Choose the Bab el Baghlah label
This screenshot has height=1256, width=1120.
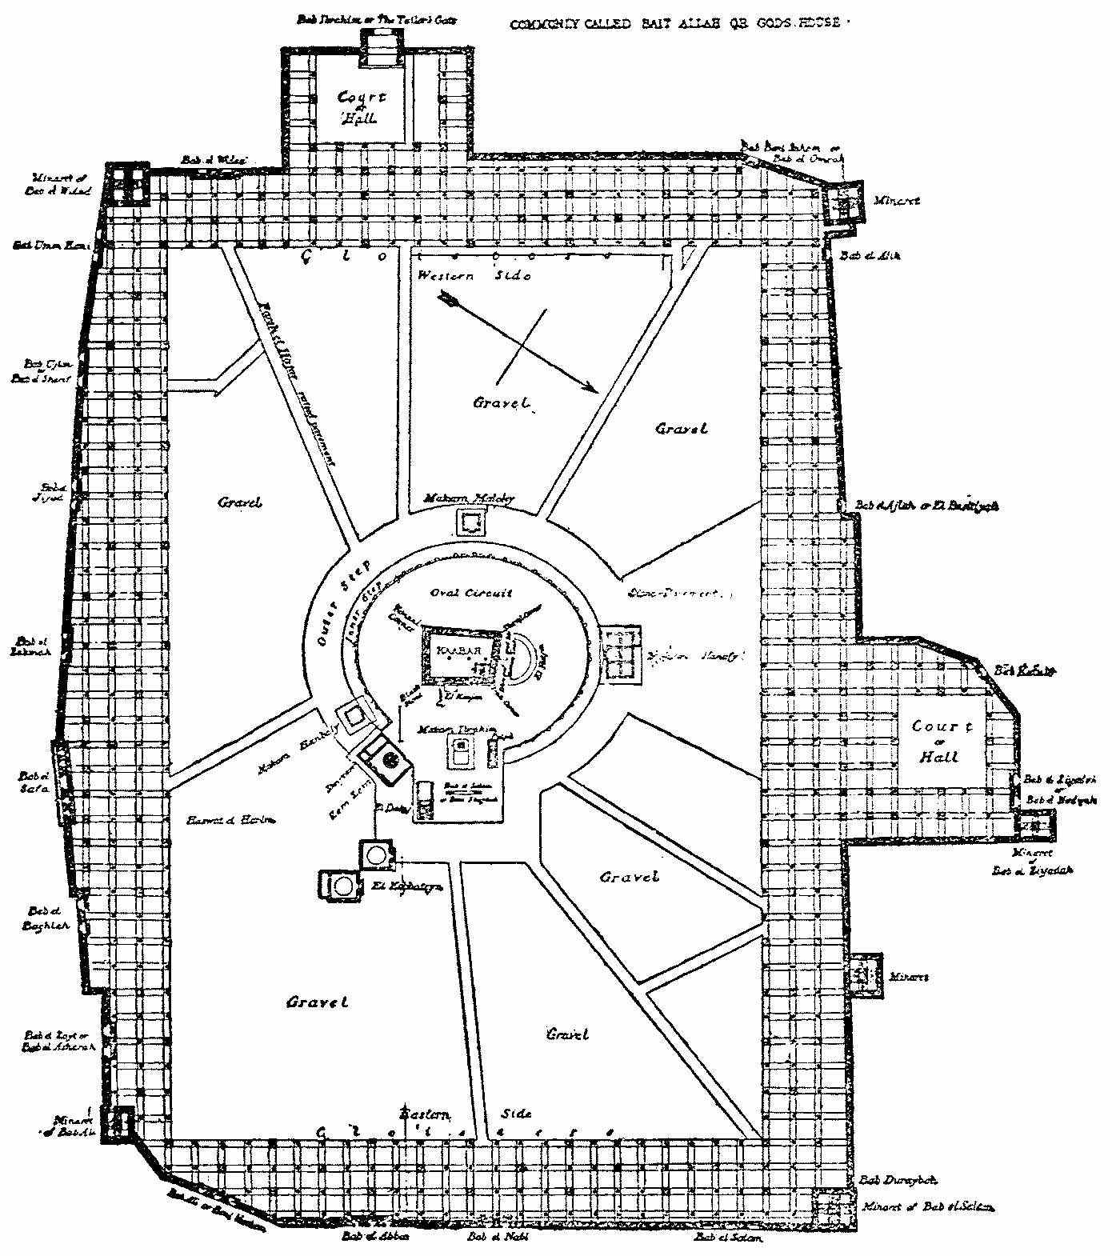[49, 918]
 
